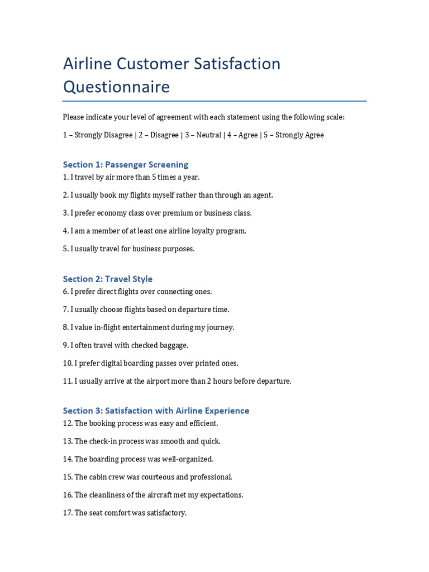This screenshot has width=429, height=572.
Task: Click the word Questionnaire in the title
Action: pos(116,87)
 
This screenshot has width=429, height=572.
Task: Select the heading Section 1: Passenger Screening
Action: pos(125,164)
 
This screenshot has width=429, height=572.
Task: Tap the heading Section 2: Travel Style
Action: pos(107,279)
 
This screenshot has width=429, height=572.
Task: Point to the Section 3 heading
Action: pos(156,411)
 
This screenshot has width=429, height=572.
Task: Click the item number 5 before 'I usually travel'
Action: pos(65,249)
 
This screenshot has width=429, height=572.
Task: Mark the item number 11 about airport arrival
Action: pos(67,381)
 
